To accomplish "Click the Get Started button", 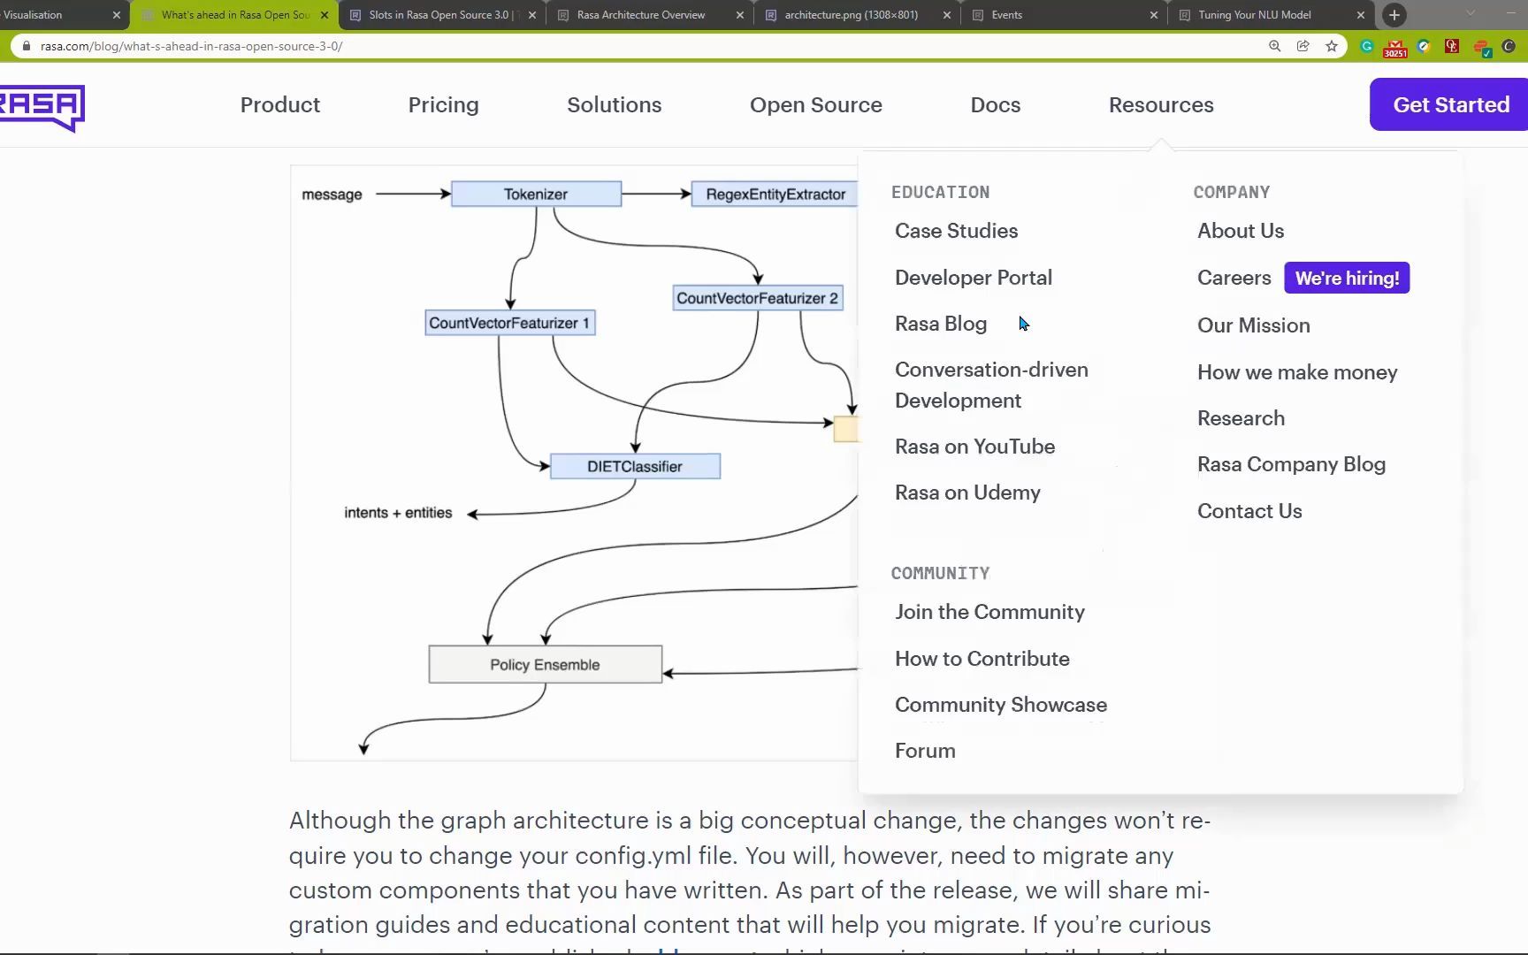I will [x=1450, y=104].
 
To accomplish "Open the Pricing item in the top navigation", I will [x=443, y=104].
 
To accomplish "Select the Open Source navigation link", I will [x=815, y=104].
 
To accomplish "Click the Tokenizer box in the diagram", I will [x=536, y=194].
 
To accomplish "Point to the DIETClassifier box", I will [x=635, y=466].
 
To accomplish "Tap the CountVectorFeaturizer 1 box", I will [x=509, y=323].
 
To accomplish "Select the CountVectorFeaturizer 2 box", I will [x=757, y=298].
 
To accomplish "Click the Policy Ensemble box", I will [x=545, y=664].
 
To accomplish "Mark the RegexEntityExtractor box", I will [x=775, y=194].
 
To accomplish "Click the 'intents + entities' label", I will [x=398, y=513].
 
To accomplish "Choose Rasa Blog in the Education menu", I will [x=940, y=324].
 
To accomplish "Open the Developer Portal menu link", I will [x=973, y=278].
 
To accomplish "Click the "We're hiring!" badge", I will [x=1347, y=278].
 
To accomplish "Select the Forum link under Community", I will [x=925, y=751].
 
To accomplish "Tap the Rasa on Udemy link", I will [x=967, y=493].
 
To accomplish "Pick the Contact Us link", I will [x=1249, y=511].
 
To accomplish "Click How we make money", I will [x=1297, y=372].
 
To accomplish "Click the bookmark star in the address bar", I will [x=1332, y=46].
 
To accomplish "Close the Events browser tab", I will [x=1154, y=15].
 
